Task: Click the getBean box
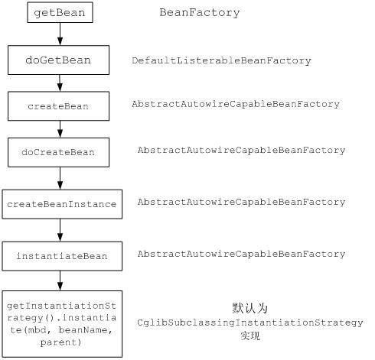pos(60,12)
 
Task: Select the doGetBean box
pos(58,60)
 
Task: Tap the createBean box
pos(58,106)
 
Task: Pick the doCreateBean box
pos(58,152)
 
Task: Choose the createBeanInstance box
pos(62,204)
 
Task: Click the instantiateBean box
pos(62,256)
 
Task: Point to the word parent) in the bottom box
pos(60,342)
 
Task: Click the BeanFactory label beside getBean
pos(200,13)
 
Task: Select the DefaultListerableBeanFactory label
pos(221,60)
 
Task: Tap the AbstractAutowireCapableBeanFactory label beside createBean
pos(236,104)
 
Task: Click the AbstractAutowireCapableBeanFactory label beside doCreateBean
pos(241,150)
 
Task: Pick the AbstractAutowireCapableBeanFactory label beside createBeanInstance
pos(241,202)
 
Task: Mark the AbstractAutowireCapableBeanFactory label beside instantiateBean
pos(241,254)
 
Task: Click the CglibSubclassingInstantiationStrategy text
pos(250,323)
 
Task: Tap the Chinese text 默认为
pos(250,308)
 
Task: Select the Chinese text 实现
pos(250,336)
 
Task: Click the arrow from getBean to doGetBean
pos(60,34)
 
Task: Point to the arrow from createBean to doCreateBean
pos(60,129)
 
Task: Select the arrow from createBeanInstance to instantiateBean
pos(60,230)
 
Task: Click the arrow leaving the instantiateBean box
pos(60,281)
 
